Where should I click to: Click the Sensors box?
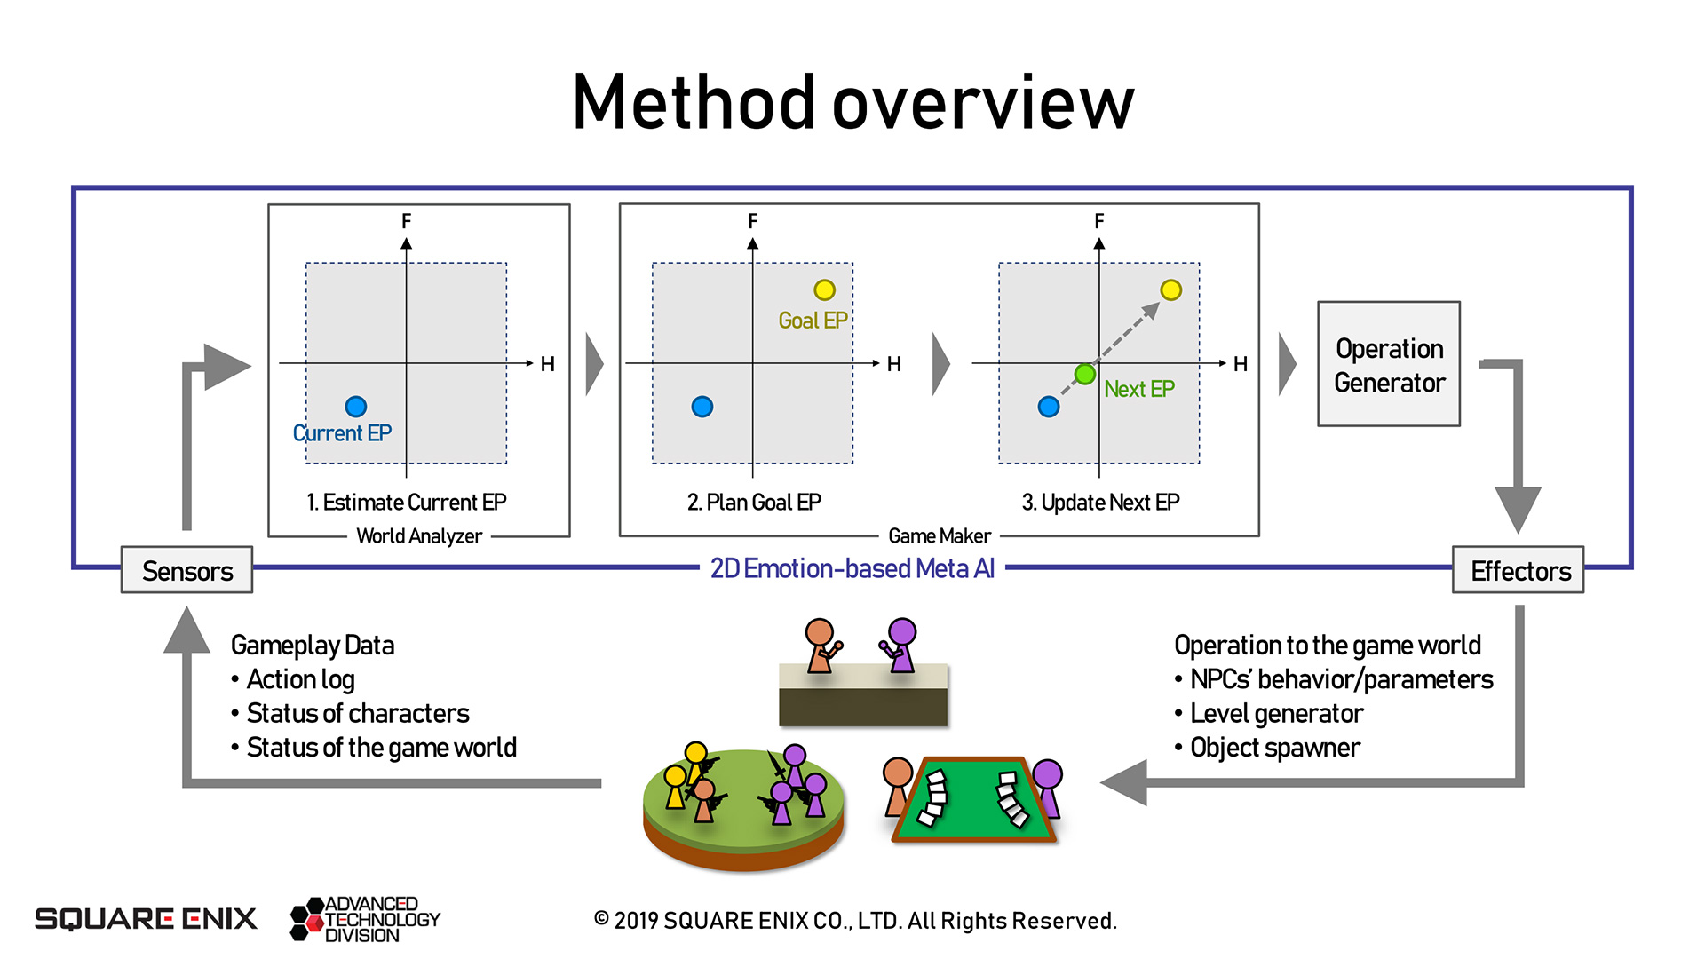186,570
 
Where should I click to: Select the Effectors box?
1519,570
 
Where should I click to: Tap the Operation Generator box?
1389,364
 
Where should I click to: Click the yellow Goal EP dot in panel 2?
824,289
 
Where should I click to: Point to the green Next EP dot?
1084,374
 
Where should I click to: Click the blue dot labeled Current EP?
355,406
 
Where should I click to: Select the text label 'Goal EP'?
813,321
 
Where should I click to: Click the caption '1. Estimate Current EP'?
406,503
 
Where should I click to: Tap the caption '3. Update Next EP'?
1100,503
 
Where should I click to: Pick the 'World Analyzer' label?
418,536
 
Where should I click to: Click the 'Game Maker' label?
939,536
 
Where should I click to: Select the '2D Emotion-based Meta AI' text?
852,568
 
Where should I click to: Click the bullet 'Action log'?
300,679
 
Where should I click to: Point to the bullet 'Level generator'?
1276,714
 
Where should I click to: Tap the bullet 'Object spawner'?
1274,748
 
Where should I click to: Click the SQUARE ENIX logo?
146,918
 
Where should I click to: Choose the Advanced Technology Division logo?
366,919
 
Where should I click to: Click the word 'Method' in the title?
693,102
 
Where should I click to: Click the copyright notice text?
854,921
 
